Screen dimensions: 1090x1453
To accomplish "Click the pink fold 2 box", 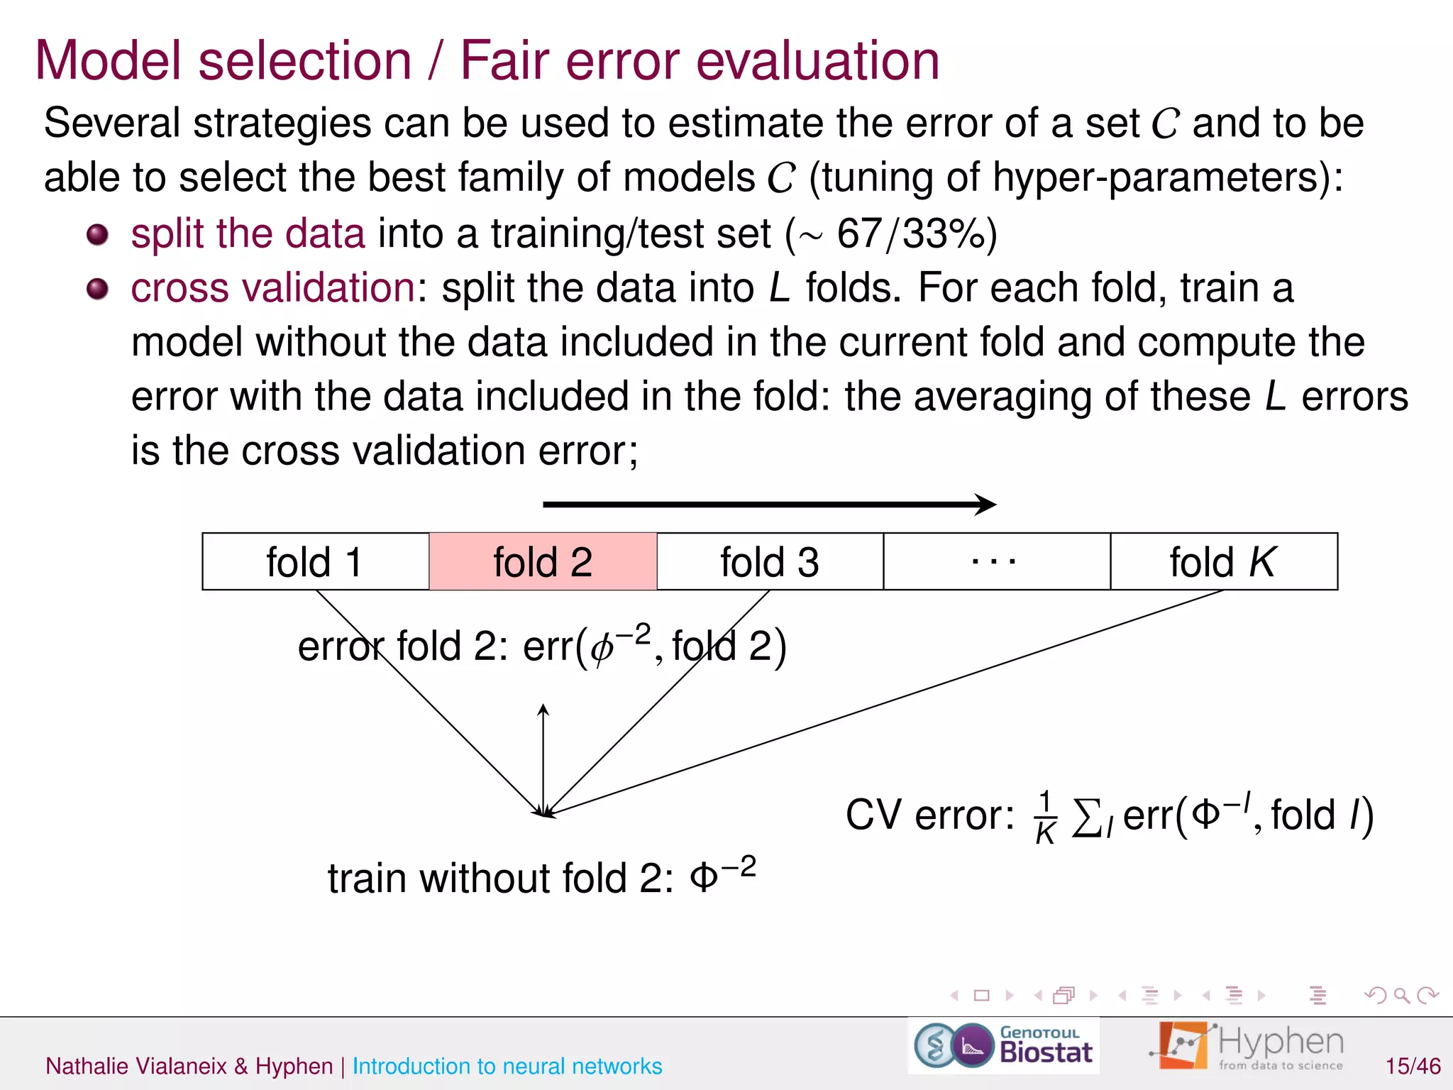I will coord(543,561).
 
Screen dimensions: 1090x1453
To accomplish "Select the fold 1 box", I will coord(316,561).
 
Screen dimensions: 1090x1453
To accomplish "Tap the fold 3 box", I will coord(770,561).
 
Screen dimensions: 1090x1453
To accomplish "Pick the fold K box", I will coord(1224,561).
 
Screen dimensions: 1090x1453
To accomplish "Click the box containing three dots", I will coord(996,561).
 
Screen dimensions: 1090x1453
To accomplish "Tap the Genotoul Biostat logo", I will coord(1003,1045).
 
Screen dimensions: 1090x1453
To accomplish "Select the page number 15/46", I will coord(1413,1066).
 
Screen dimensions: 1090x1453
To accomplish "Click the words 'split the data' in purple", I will coord(248,233).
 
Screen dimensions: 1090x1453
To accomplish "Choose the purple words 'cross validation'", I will coord(273,288).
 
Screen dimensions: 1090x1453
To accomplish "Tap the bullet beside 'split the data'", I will coord(97,234).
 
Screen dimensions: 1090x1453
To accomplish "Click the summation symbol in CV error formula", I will coord(1086,817).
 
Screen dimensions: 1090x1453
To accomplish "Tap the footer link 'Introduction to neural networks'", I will coord(507,1066).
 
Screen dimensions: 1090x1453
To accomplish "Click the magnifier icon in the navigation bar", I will coord(1401,996).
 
